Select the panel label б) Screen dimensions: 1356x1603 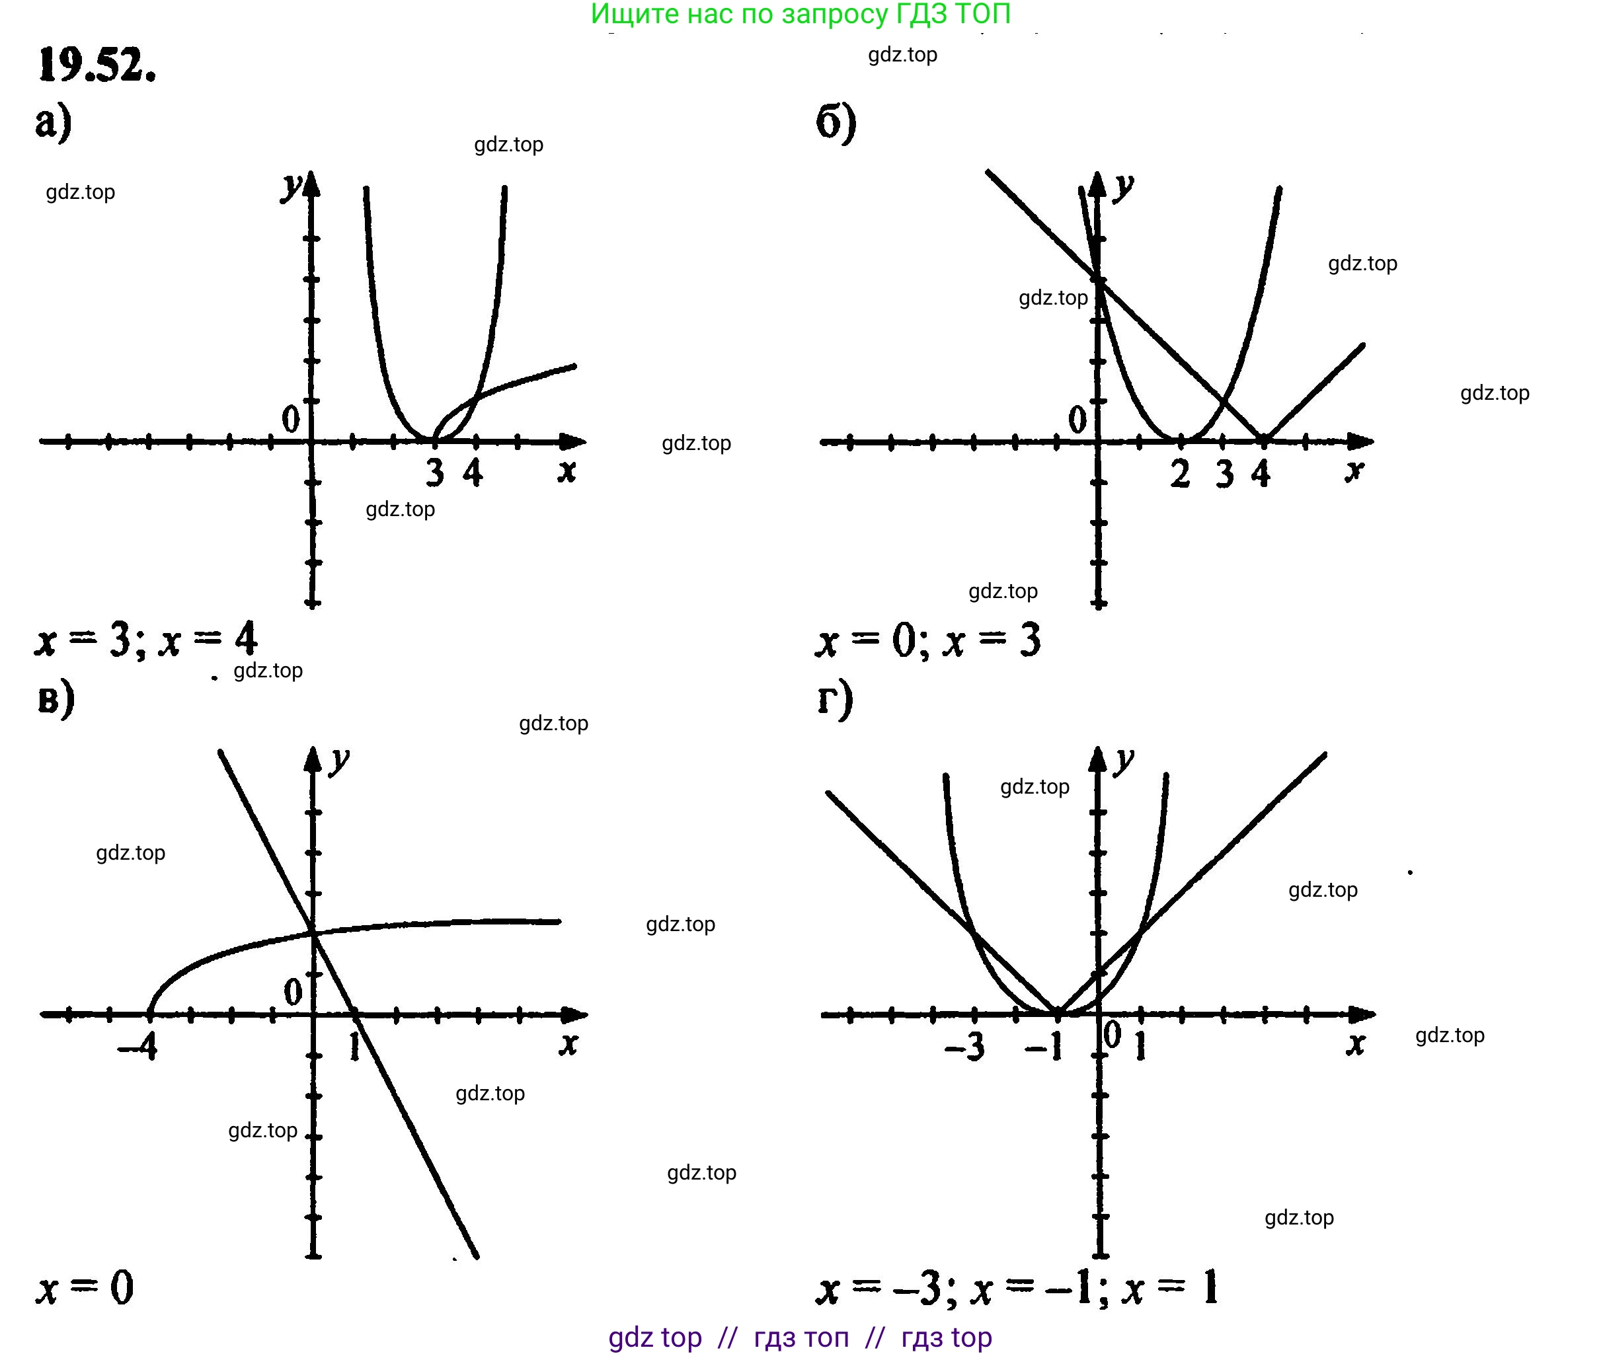(836, 123)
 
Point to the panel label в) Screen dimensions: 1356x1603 (56, 698)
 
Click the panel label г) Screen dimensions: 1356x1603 (835, 698)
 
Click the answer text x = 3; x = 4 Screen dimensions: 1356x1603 (146, 639)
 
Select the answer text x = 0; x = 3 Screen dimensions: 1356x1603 (928, 640)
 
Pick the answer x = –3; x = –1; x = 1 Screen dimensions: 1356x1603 (1017, 1289)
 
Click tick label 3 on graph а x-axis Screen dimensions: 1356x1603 (435, 472)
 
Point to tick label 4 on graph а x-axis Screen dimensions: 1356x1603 (473, 472)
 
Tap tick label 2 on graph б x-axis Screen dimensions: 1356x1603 (1180, 474)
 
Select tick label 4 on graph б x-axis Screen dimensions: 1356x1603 (1261, 474)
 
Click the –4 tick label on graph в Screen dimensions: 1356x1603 (137, 1045)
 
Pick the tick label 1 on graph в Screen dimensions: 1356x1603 (354, 1045)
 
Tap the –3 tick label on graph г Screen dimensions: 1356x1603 (965, 1046)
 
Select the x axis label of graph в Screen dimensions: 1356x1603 (568, 1043)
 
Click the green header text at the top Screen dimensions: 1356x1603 (801, 14)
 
